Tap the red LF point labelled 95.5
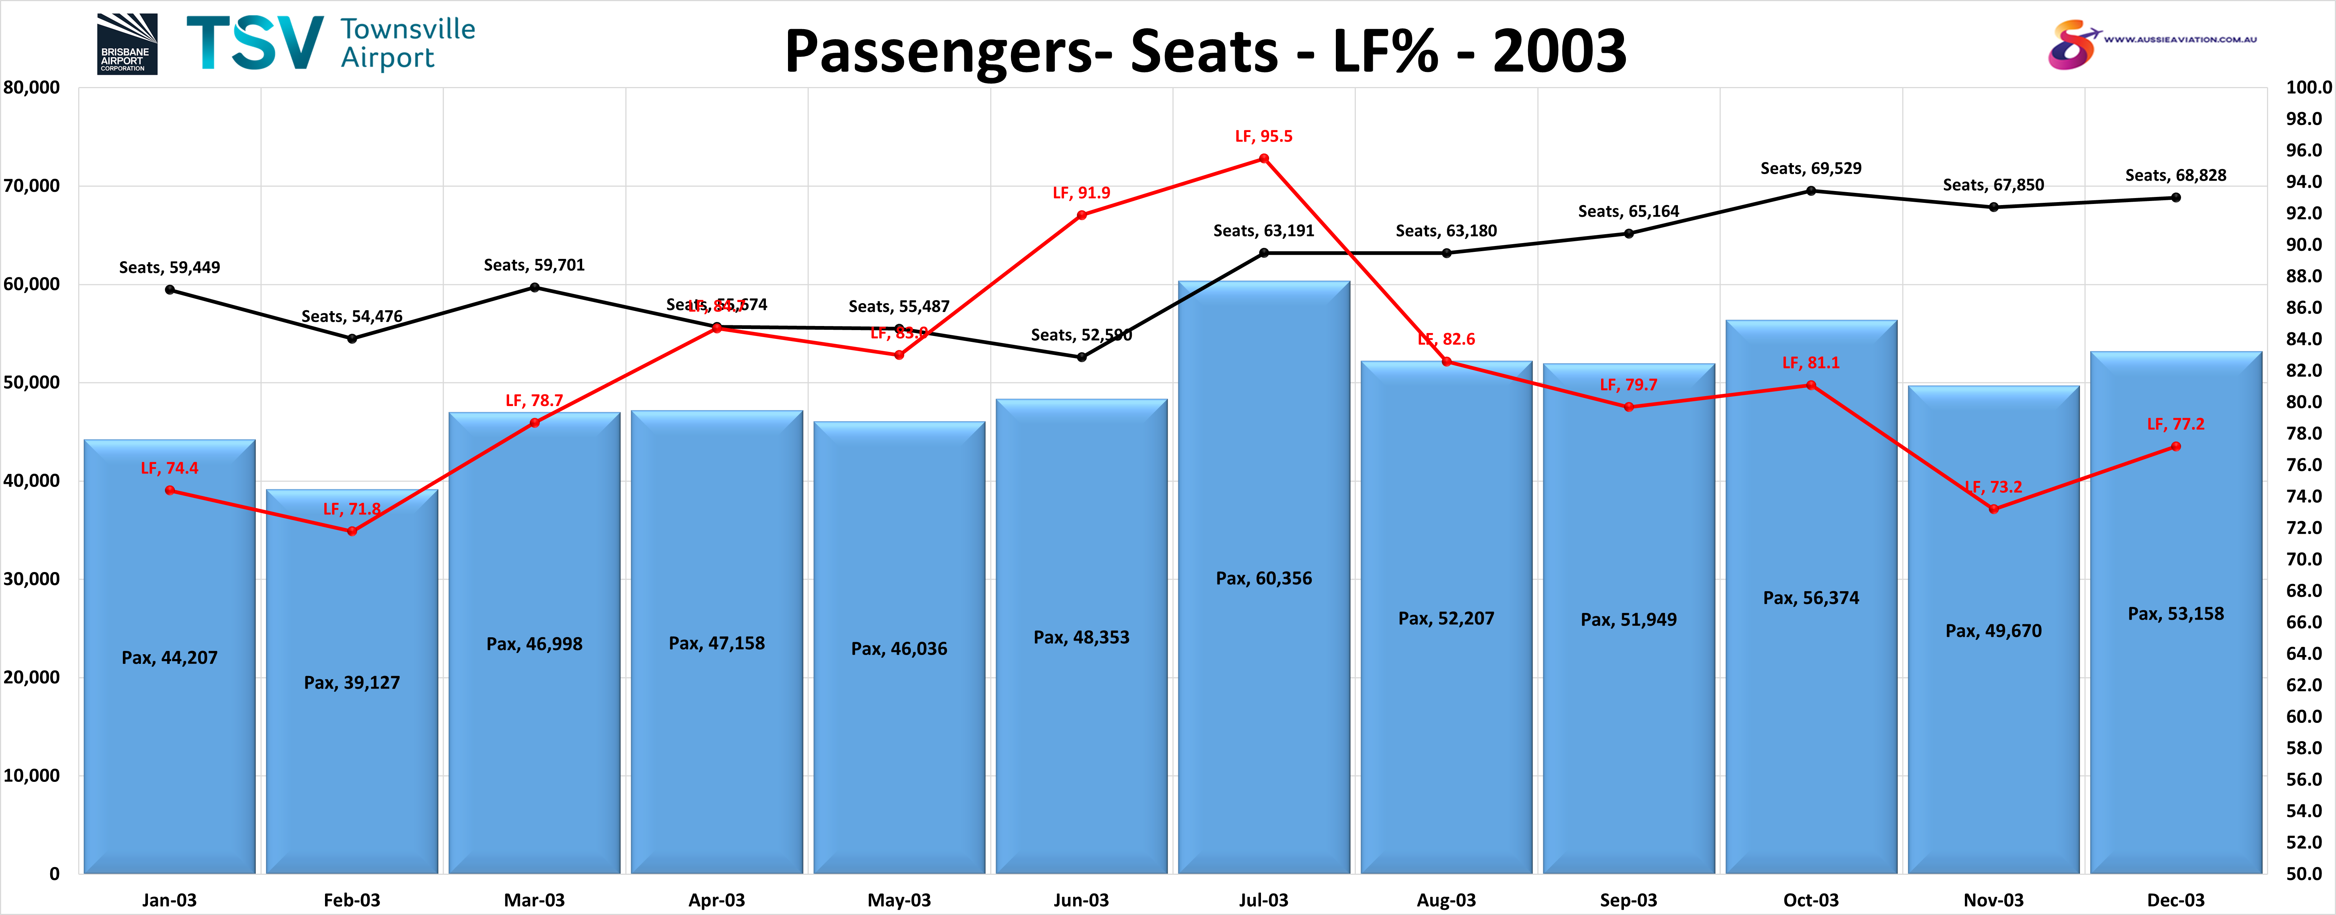point(1264,159)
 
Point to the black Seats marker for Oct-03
point(1811,190)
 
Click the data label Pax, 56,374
point(1811,597)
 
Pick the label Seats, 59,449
point(170,267)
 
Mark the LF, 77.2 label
point(2176,424)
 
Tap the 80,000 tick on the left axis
point(32,88)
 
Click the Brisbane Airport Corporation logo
point(127,44)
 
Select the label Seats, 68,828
point(2176,175)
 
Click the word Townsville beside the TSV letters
point(408,29)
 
